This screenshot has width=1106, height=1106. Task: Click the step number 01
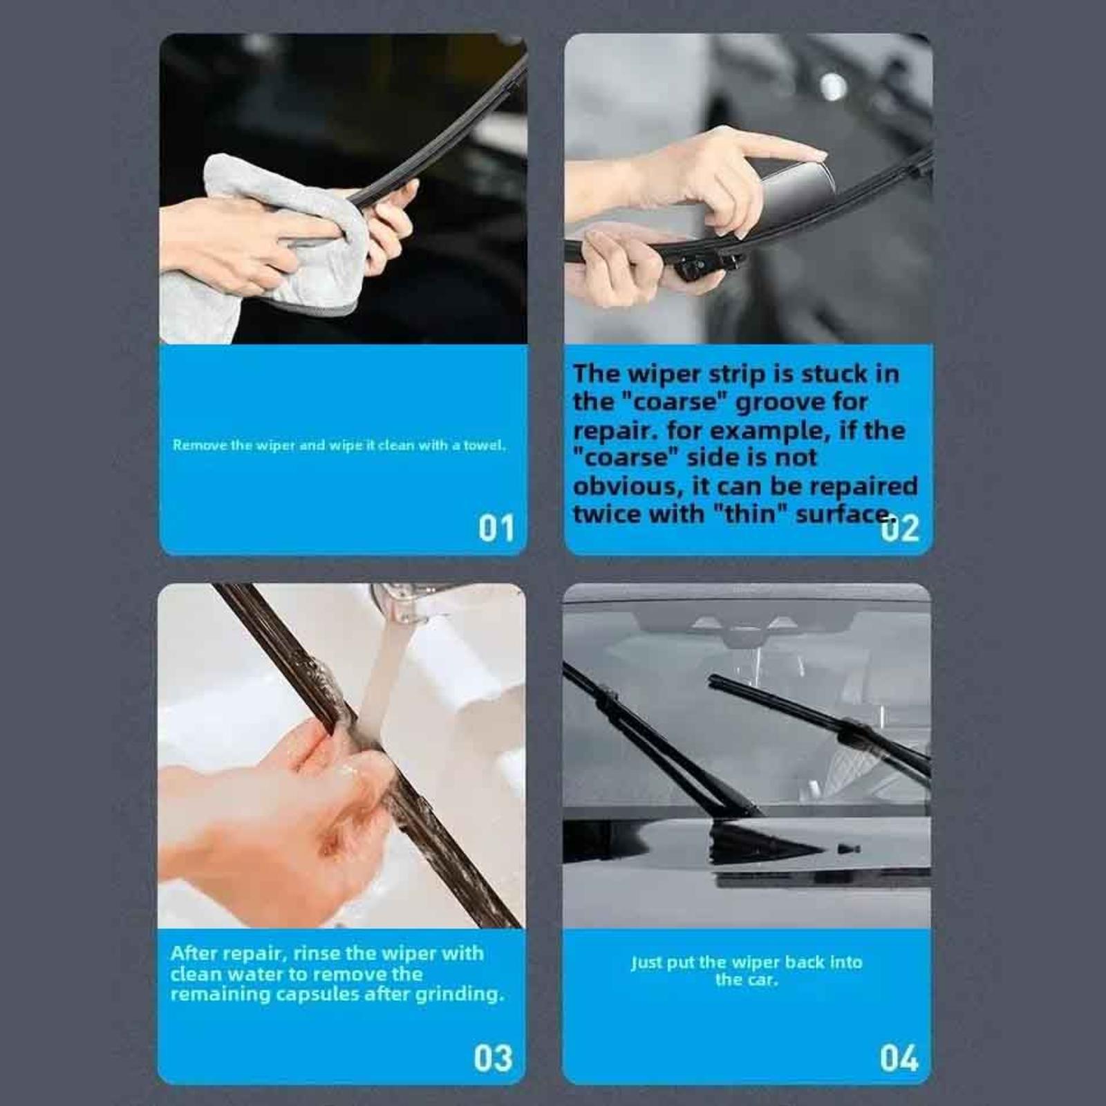496,528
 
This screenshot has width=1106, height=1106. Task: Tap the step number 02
900,529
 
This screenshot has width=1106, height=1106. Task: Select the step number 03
493,1058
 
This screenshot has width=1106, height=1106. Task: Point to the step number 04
899,1058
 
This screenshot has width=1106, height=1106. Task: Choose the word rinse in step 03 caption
317,953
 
